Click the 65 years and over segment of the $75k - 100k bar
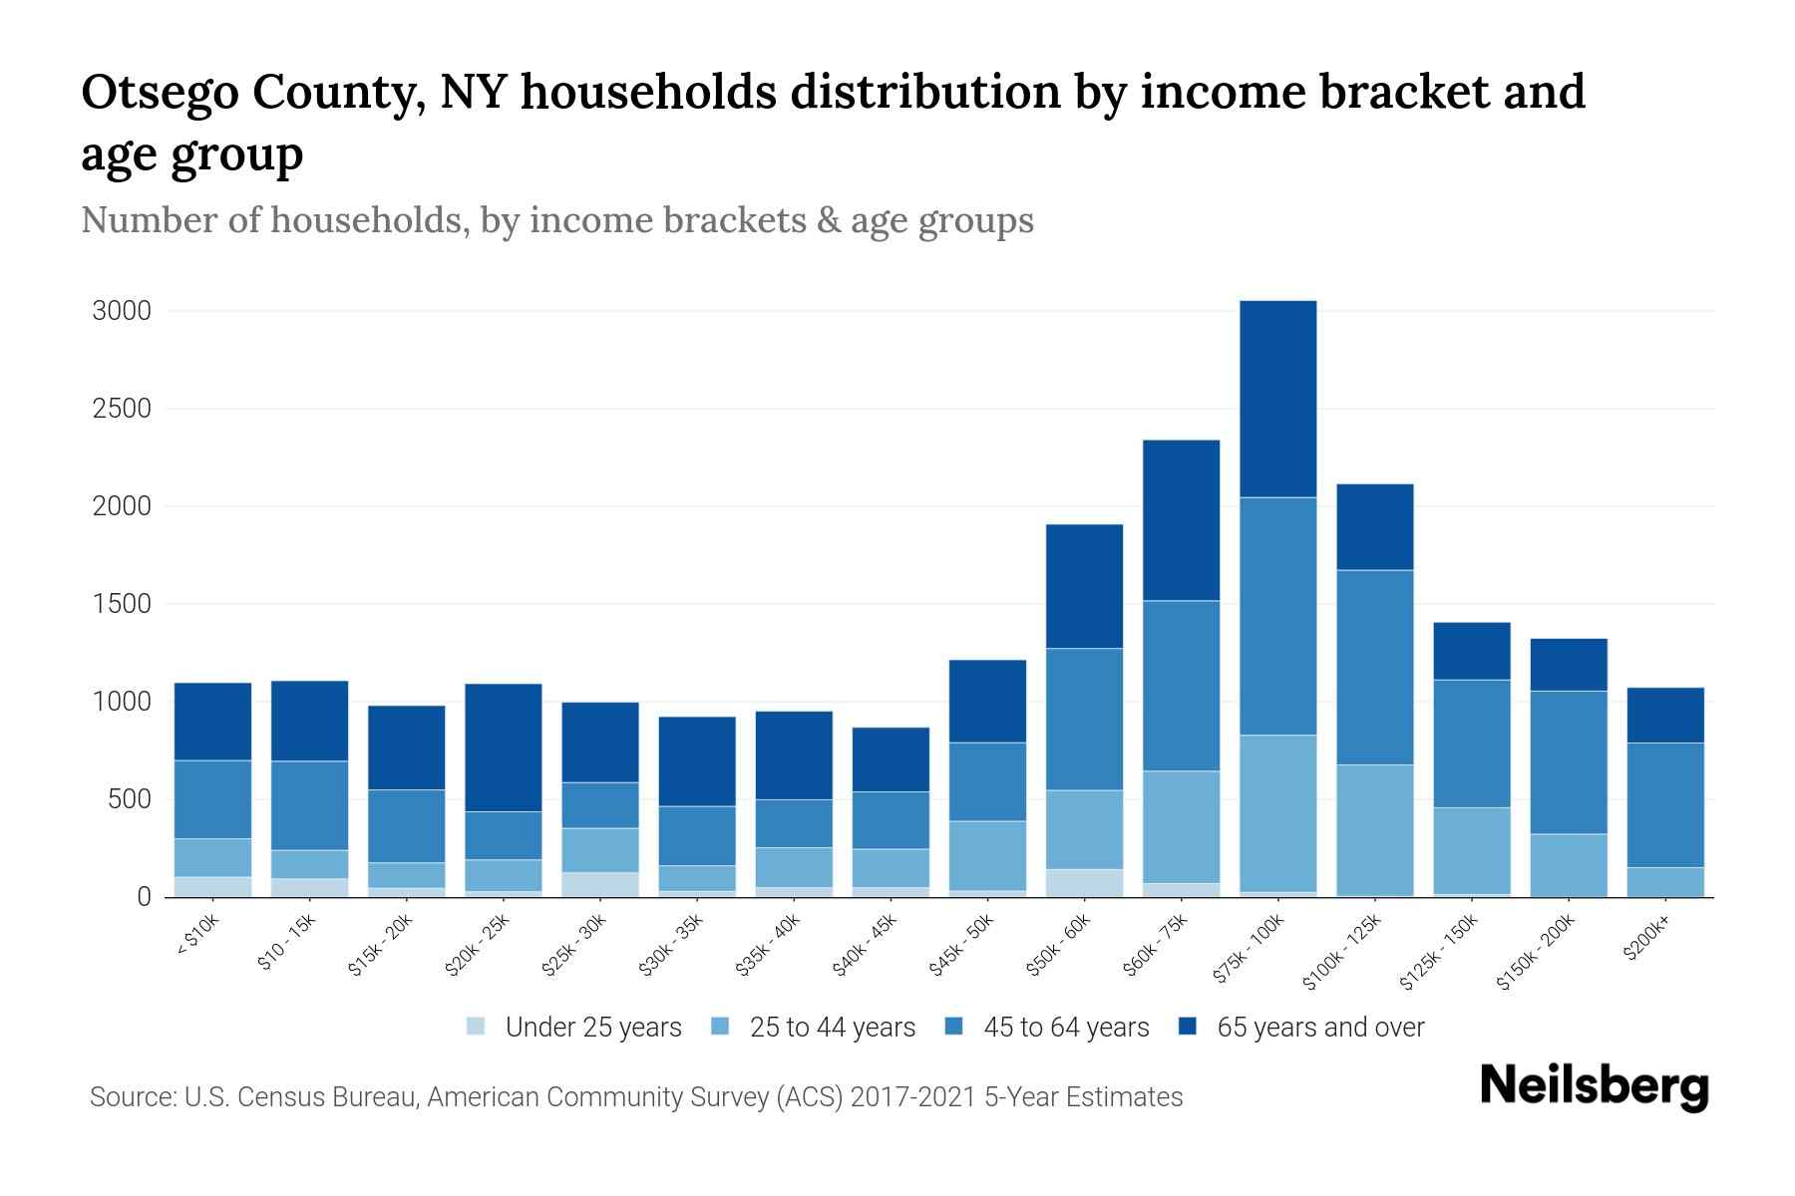point(1277,399)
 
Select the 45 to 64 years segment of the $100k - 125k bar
point(1374,667)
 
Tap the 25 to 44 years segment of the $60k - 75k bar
point(1181,826)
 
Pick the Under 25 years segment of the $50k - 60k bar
point(1084,883)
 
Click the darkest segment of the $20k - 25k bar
point(504,747)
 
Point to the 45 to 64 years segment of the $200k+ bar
point(1665,805)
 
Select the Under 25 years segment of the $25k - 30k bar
point(600,885)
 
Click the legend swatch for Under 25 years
point(477,1027)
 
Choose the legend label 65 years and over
point(1320,1028)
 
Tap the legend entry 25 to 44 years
point(833,1028)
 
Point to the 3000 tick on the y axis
point(122,312)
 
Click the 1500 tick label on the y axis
point(122,605)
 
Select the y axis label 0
point(144,897)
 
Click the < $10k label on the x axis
point(197,937)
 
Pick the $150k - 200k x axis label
point(1536,953)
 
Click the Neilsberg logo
point(1594,1086)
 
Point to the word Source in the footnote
point(131,1097)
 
